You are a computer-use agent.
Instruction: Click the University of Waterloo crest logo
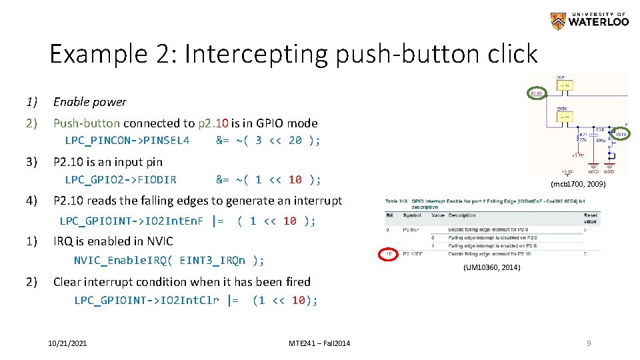tap(557, 21)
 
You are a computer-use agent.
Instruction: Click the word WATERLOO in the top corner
tap(598, 23)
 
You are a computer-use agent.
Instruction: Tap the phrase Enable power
tap(89, 102)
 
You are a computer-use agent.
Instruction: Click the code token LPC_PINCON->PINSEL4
tap(127, 141)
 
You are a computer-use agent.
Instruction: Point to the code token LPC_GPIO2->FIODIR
tap(120, 179)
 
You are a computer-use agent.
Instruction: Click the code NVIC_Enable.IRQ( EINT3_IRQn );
tap(169, 261)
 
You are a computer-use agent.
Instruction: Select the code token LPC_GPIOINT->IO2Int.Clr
tap(146, 301)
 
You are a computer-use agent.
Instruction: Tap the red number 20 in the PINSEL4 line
tap(295, 141)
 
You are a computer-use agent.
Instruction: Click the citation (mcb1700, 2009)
tap(578, 183)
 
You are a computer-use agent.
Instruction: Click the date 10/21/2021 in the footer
tap(67, 343)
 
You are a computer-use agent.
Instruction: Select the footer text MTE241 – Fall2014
tap(319, 343)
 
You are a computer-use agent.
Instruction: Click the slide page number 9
tap(589, 343)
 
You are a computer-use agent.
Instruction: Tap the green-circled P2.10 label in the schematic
tap(537, 93)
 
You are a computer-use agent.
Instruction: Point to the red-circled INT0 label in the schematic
tap(620, 135)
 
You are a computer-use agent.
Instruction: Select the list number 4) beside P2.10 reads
tap(31, 201)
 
